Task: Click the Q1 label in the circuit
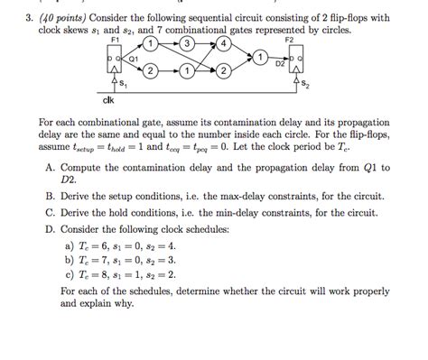(131, 59)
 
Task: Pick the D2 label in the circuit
(280, 64)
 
